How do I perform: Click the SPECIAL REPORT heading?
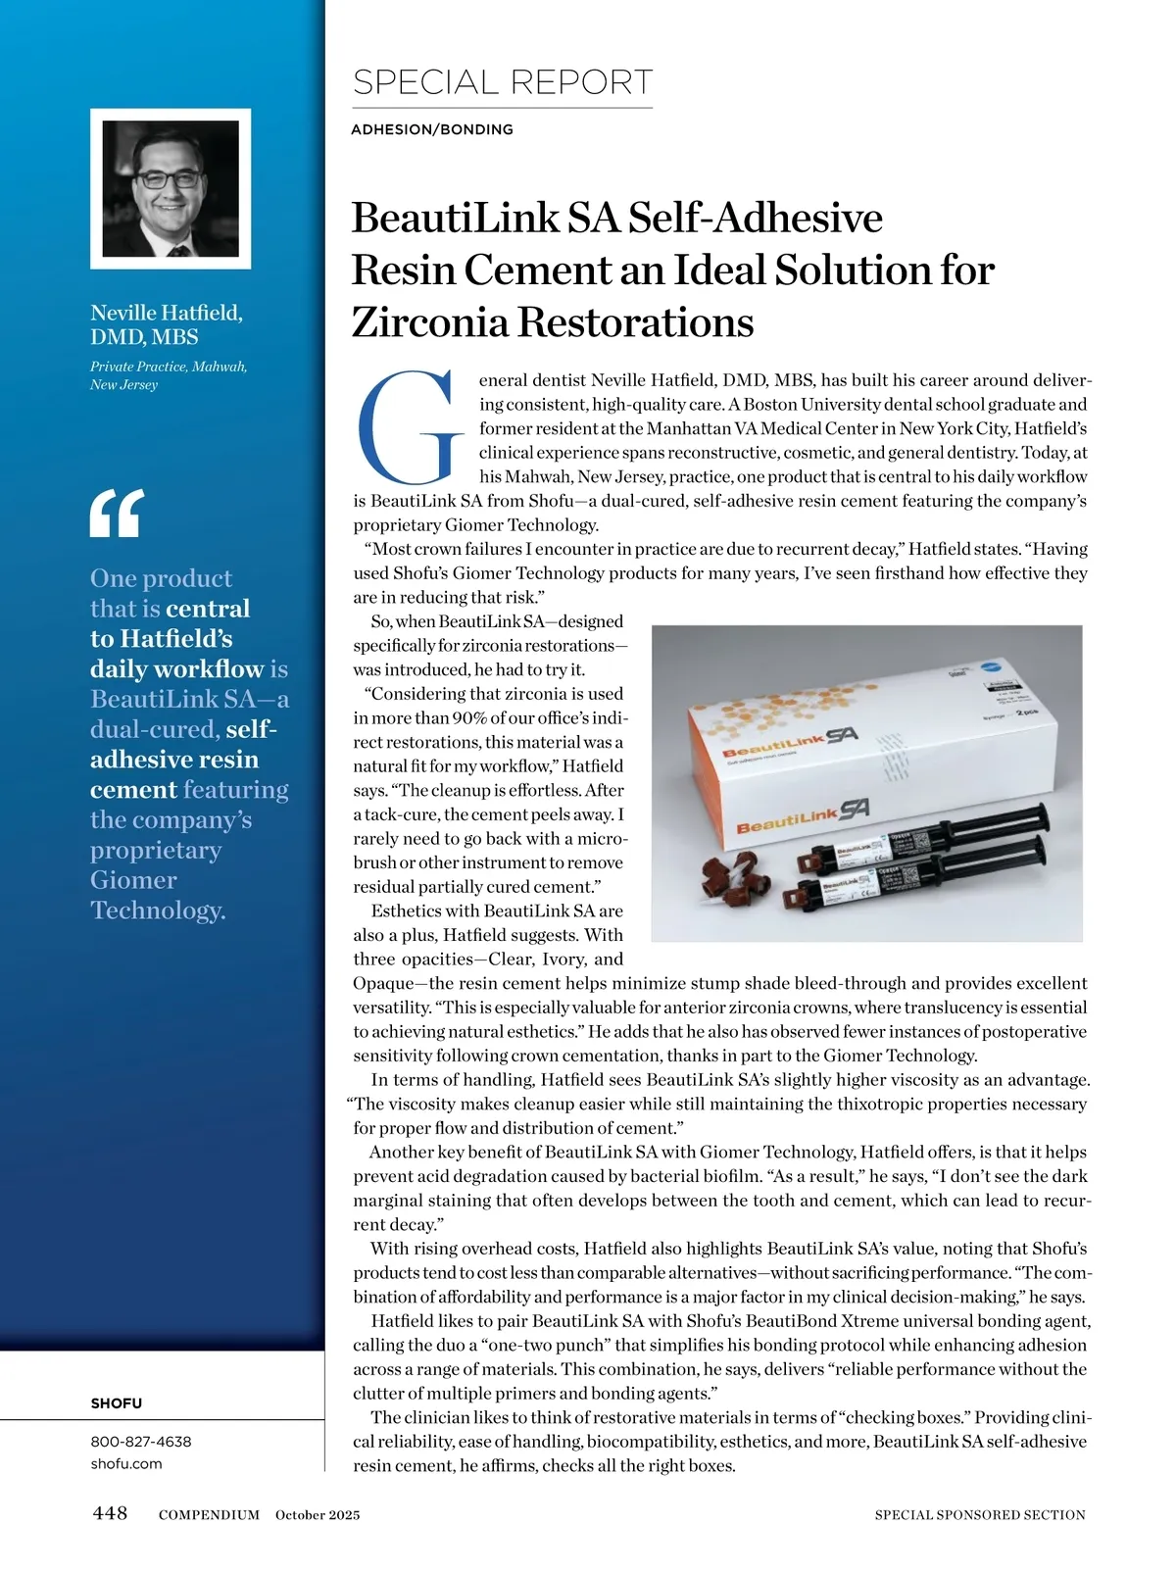click(x=502, y=82)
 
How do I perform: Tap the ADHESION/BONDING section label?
click(x=431, y=129)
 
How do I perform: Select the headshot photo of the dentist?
click(x=171, y=189)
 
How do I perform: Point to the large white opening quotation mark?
click(x=117, y=513)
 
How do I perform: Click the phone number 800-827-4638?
click(x=141, y=1442)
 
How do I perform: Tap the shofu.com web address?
click(x=126, y=1463)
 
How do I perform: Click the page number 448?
click(x=110, y=1513)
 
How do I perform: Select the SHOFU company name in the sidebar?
click(x=117, y=1402)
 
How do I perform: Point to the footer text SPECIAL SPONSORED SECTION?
click(x=980, y=1515)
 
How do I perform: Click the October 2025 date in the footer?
click(x=318, y=1515)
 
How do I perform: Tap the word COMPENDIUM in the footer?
click(x=209, y=1515)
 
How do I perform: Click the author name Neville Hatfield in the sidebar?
click(x=166, y=313)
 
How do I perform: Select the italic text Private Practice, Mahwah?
click(x=169, y=367)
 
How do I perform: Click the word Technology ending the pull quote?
click(x=157, y=910)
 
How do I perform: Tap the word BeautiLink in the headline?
click(x=456, y=218)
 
